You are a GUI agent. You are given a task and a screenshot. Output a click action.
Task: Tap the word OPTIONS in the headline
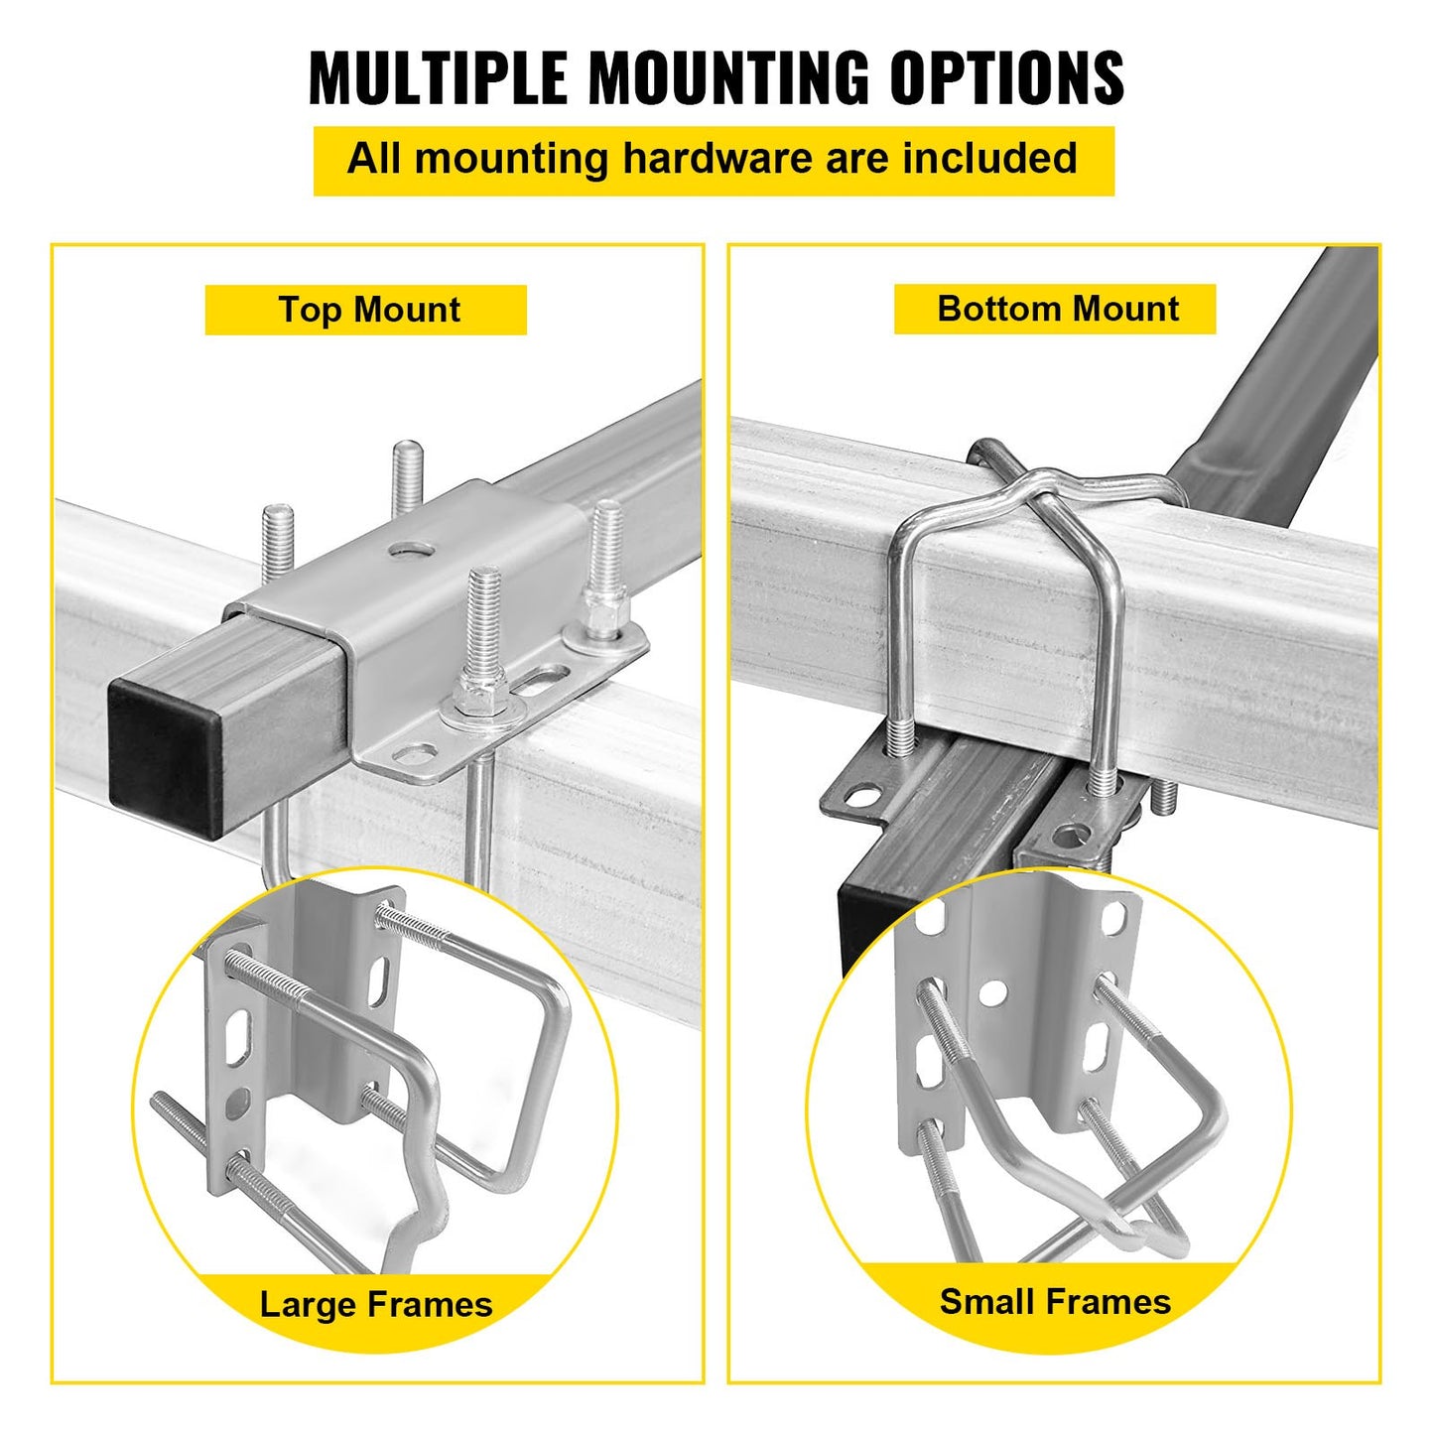[x=1006, y=76]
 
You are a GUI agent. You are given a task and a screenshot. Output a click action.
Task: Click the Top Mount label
[x=367, y=310]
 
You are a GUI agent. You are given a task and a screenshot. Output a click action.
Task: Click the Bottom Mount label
[x=1057, y=309]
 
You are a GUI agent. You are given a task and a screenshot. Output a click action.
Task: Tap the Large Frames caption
[x=375, y=1304]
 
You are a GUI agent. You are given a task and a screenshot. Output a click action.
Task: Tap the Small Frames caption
[x=1055, y=1301]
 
